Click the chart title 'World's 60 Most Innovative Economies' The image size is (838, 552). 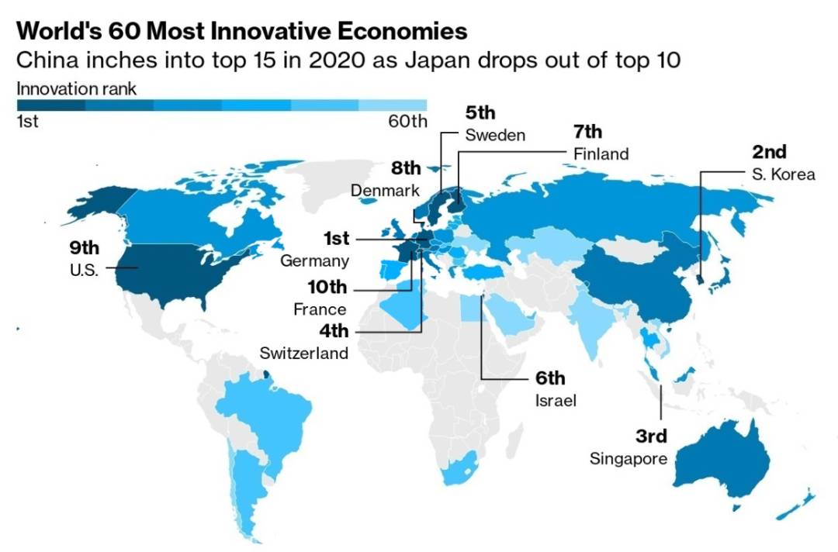tap(242, 31)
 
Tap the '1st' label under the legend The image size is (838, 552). tap(28, 122)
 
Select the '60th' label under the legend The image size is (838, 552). tap(407, 122)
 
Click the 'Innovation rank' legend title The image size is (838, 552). tap(76, 88)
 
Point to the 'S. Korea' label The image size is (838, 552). tap(784, 174)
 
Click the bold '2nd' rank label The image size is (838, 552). tap(769, 152)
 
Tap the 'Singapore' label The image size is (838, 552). tap(628, 458)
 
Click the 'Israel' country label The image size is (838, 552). tap(552, 401)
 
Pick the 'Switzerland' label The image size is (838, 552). tap(304, 354)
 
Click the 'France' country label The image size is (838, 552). tap(320, 309)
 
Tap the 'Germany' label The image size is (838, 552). tap(314, 261)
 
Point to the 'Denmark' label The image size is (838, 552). tap(385, 190)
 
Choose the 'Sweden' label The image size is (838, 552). tap(495, 135)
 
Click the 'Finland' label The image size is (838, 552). tap(601, 154)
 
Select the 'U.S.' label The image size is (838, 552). tap(83, 271)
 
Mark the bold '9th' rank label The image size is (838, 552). tap(84, 248)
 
